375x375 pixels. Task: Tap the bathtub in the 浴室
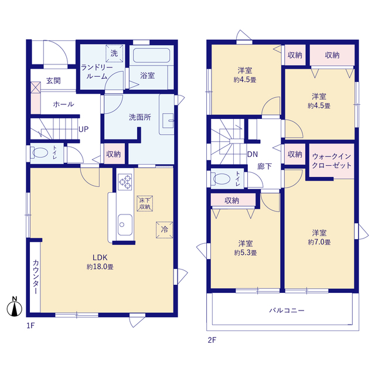click(x=151, y=56)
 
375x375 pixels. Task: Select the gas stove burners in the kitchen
click(x=125, y=182)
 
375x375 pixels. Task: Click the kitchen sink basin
click(x=125, y=224)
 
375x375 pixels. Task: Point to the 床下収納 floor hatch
click(x=145, y=203)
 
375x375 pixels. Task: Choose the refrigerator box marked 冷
click(x=164, y=230)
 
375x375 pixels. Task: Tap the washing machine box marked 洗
click(x=114, y=53)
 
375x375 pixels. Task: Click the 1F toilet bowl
click(x=40, y=153)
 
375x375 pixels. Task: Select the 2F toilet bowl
click(x=221, y=179)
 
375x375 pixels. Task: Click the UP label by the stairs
click(x=83, y=129)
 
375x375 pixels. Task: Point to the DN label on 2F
click(x=253, y=154)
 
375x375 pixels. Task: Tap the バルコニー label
click(x=287, y=311)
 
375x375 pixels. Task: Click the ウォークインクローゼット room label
click(x=332, y=161)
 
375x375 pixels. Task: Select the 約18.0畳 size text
click(x=100, y=267)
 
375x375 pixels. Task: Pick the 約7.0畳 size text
click(x=319, y=242)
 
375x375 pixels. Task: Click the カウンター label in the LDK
click(x=35, y=277)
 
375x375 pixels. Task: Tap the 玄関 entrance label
click(x=53, y=81)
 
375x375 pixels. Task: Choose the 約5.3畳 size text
click(x=246, y=253)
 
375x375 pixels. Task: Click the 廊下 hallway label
click(x=264, y=166)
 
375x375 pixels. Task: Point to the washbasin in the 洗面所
click(x=168, y=121)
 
